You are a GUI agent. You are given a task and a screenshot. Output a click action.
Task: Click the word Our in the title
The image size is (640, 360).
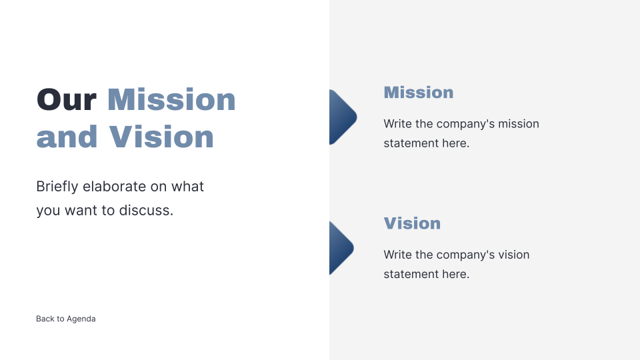[67, 100]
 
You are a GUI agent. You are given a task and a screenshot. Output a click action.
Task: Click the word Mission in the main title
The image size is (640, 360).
[171, 100]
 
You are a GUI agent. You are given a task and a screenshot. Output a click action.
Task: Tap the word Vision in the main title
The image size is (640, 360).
[161, 137]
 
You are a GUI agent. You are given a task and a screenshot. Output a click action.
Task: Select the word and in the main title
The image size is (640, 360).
[67, 137]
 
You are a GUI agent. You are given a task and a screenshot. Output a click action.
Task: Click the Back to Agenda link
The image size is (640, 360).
[65, 319]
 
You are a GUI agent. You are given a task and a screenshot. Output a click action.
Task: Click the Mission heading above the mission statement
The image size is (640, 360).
[418, 93]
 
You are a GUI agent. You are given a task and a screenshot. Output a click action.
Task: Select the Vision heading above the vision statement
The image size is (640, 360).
[412, 223]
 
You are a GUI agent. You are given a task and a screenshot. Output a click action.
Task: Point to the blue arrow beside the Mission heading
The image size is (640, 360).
[341, 117]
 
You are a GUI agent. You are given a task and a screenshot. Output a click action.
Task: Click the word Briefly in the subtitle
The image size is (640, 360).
[57, 187]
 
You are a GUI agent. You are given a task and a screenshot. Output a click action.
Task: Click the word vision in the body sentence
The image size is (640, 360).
[513, 255]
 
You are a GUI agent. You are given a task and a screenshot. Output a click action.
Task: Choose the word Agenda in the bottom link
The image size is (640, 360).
[81, 319]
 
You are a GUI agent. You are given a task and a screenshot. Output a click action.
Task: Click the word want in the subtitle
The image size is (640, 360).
[80, 211]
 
